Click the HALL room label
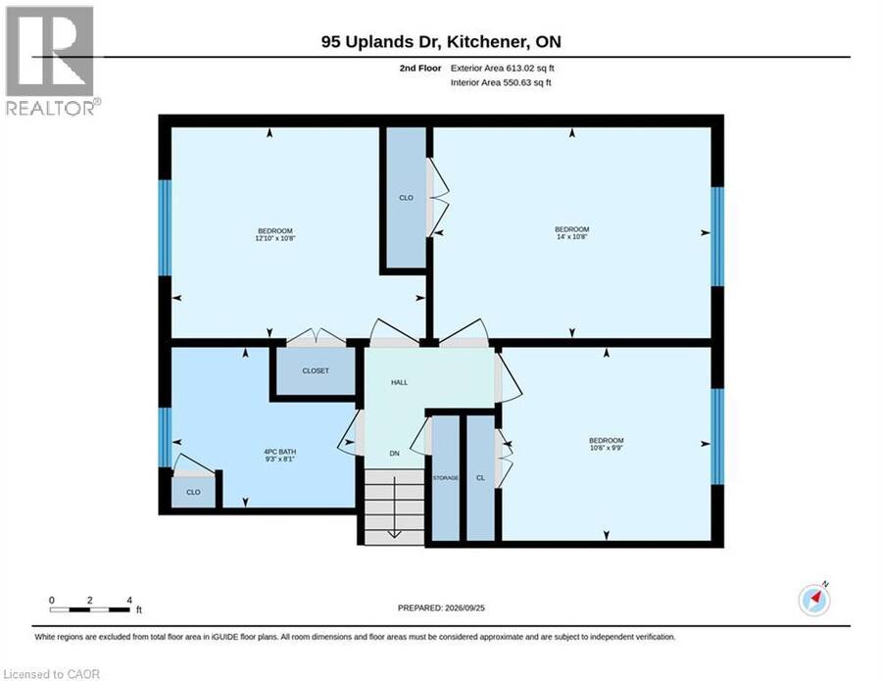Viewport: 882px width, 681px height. click(x=400, y=382)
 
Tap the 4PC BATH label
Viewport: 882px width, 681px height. click(x=279, y=452)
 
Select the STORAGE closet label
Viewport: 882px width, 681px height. click(x=446, y=478)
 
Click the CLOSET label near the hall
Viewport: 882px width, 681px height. click(x=316, y=371)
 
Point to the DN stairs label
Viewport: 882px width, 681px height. click(x=394, y=454)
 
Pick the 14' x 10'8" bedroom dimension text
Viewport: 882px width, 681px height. click(x=572, y=237)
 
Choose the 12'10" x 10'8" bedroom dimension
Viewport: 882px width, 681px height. click(x=275, y=238)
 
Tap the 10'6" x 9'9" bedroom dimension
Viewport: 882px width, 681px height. click(x=607, y=448)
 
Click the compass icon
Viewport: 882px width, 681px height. click(x=814, y=600)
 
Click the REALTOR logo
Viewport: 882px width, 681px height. click(x=52, y=60)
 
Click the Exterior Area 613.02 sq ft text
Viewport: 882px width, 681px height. click(x=503, y=68)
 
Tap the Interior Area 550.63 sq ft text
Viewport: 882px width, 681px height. click(x=501, y=82)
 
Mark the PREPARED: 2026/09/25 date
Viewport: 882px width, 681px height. click(x=441, y=608)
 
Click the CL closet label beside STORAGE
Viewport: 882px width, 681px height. click(x=480, y=478)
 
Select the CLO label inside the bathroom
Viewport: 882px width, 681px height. click(x=193, y=492)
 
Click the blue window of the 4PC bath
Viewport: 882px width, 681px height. click(x=165, y=437)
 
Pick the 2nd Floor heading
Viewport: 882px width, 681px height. click(x=420, y=68)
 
